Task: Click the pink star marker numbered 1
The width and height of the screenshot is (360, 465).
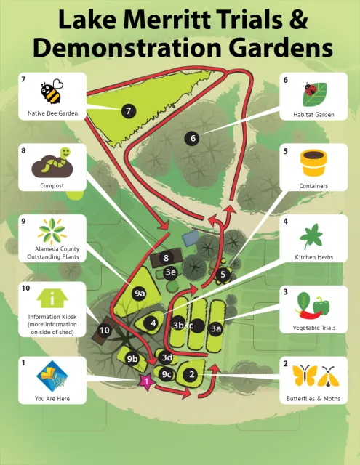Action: tap(146, 381)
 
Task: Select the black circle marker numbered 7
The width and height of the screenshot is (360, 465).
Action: tap(129, 111)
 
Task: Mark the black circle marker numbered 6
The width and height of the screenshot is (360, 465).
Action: tap(193, 138)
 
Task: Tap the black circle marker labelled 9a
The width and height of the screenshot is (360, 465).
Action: tap(140, 293)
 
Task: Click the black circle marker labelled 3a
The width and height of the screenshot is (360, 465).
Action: tap(216, 328)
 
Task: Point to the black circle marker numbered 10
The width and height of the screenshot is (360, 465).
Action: tap(104, 331)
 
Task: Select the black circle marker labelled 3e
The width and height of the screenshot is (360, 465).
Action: tap(170, 272)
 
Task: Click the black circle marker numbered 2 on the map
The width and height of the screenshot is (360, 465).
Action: tap(191, 375)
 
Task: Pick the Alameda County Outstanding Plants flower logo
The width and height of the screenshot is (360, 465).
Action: tap(52, 232)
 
